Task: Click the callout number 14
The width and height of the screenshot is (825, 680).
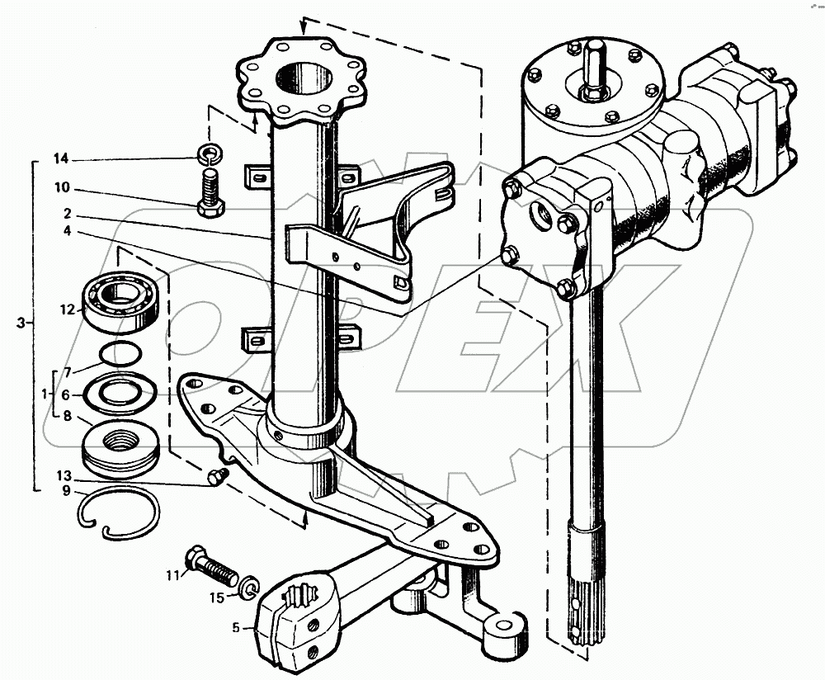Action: click(63, 158)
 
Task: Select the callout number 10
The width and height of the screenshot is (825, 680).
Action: click(63, 188)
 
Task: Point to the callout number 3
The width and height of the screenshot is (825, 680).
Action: click(21, 321)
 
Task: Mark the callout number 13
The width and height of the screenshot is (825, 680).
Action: click(63, 477)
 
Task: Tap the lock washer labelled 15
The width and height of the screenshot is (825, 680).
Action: click(250, 587)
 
